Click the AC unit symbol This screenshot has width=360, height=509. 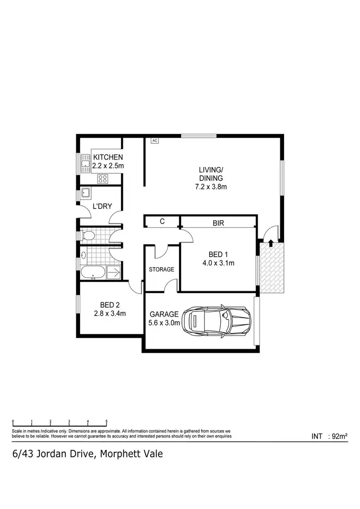click(x=155, y=141)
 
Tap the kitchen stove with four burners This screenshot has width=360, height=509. click(x=102, y=179)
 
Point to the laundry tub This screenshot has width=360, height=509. click(x=86, y=193)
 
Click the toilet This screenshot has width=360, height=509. click(x=87, y=236)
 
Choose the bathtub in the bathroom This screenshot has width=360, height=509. click(x=92, y=272)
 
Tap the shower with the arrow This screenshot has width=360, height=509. click(x=114, y=272)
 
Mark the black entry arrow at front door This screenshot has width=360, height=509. click(x=271, y=243)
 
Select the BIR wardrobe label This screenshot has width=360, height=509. click(x=218, y=223)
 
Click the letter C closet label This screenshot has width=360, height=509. click(x=162, y=222)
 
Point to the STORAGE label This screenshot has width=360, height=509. click(x=161, y=270)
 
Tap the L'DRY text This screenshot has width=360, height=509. click(x=102, y=206)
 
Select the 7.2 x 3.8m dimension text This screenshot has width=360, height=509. click(x=211, y=187)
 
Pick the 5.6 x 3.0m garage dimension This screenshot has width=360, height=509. click(x=164, y=323)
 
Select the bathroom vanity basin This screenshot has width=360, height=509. click(x=84, y=256)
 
